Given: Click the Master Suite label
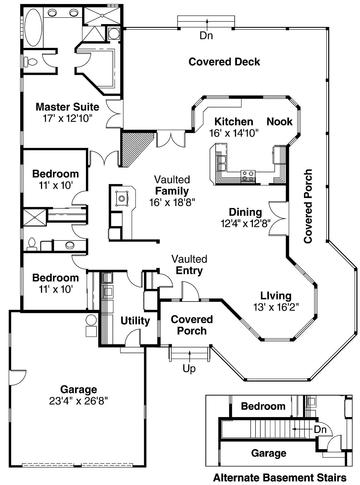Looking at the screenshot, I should pyautogui.click(x=67, y=107).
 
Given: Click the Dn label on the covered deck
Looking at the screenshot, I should pyautogui.click(x=206, y=36).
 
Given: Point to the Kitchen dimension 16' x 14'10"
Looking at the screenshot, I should pyautogui.click(x=234, y=133).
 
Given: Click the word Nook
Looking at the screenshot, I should pyautogui.click(x=280, y=122).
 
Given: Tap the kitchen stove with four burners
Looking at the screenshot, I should pyautogui.click(x=248, y=175).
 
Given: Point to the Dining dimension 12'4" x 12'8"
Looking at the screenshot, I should pyautogui.click(x=245, y=223).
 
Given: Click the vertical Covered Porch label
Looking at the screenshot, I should pyautogui.click(x=308, y=206).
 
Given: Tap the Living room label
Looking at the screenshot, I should pyautogui.click(x=276, y=296).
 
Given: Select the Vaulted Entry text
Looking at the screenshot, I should pyautogui.click(x=189, y=265).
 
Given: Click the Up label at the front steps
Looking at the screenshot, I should pyautogui.click(x=189, y=368).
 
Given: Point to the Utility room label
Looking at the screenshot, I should pyautogui.click(x=135, y=321).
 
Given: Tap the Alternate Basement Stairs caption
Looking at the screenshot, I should pyautogui.click(x=280, y=478).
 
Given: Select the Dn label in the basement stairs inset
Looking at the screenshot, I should pyautogui.click(x=320, y=429).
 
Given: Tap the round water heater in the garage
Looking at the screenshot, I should pyautogui.click(x=91, y=320).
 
